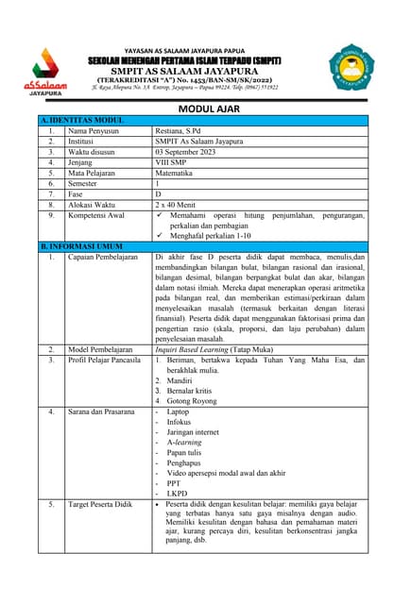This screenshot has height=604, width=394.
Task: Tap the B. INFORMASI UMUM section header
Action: [x=81, y=245]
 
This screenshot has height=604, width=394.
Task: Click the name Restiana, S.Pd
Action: [x=185, y=132]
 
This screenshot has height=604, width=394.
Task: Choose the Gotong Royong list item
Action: [x=199, y=401]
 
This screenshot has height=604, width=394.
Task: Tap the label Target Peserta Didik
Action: [x=100, y=505]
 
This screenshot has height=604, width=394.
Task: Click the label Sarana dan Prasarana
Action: [x=102, y=411]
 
